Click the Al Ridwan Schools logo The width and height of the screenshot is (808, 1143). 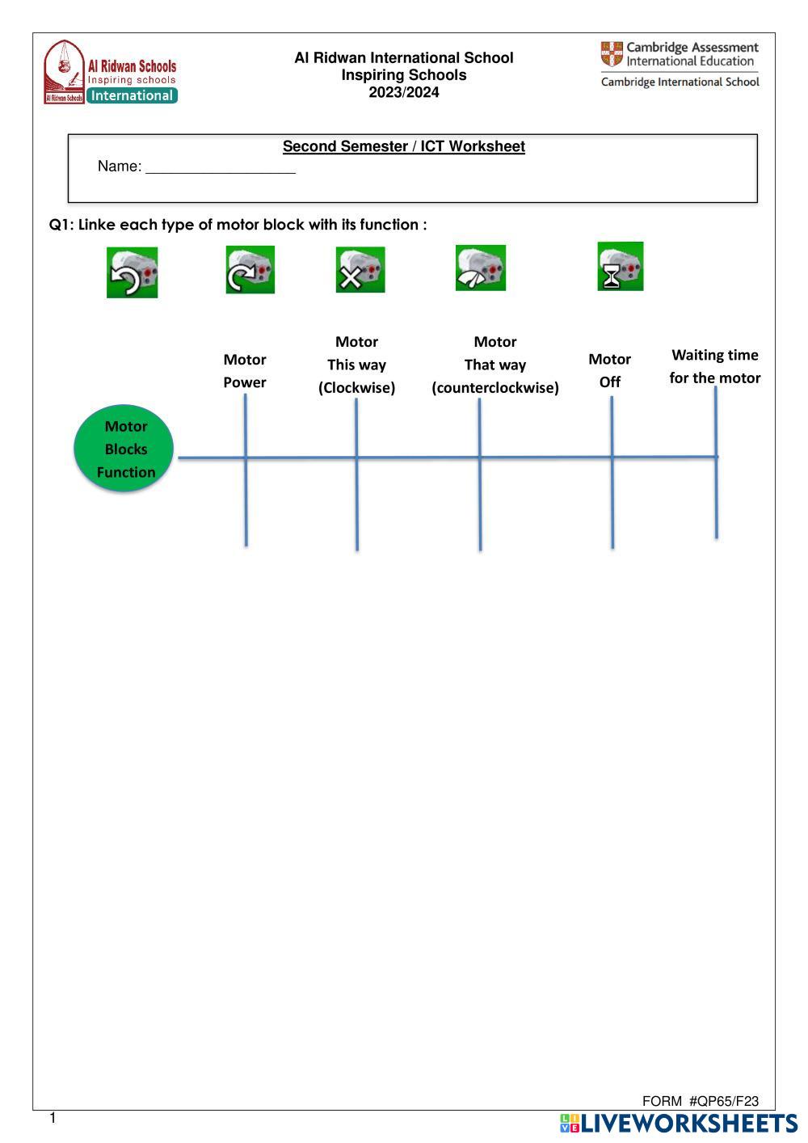tap(110, 73)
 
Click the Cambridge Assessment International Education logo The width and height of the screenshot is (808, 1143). tap(680, 64)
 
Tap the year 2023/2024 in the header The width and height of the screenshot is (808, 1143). tap(404, 92)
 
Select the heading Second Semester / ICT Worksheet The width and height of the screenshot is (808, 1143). tap(403, 146)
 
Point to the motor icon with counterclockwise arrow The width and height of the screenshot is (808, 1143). tap(132, 272)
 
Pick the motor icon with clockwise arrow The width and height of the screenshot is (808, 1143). tap(250, 270)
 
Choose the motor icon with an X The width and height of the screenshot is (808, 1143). tap(360, 270)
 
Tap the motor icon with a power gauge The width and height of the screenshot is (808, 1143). tap(481, 268)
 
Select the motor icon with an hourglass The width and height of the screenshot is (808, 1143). tap(621, 266)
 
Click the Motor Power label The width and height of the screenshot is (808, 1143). tap(245, 371)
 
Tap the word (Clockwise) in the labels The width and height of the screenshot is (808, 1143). tap(356, 388)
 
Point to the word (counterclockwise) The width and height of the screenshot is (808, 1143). tap(495, 388)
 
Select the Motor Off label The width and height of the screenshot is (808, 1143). tap(610, 370)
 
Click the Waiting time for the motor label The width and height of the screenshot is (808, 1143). tap(715, 366)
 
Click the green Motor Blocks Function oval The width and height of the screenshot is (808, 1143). tap(125, 449)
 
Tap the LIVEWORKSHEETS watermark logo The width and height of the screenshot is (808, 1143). tap(678, 1123)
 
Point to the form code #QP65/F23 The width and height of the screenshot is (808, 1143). tap(724, 1101)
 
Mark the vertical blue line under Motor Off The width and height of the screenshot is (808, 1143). tap(612, 501)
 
